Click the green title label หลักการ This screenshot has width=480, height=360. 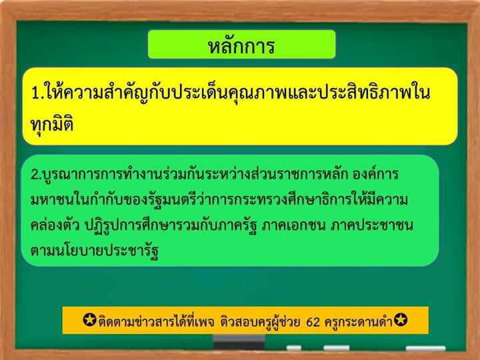[x=241, y=45]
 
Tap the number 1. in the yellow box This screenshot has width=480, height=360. [x=39, y=93]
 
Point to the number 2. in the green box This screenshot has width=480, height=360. [x=37, y=175]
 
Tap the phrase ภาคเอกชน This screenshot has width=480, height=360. [x=293, y=225]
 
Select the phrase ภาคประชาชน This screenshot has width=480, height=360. [x=372, y=225]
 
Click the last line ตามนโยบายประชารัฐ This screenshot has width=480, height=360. [x=95, y=251]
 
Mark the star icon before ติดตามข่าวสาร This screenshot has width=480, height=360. [x=90, y=319]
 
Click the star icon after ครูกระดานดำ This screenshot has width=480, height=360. [x=401, y=319]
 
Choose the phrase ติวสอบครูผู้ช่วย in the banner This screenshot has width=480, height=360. [x=260, y=321]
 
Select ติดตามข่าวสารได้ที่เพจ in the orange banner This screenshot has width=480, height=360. [x=156, y=321]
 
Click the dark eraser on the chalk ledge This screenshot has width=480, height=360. [x=239, y=342]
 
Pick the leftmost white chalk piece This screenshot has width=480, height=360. [x=294, y=348]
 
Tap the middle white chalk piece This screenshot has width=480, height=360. [x=337, y=348]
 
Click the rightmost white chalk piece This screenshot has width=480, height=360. [x=425, y=349]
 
